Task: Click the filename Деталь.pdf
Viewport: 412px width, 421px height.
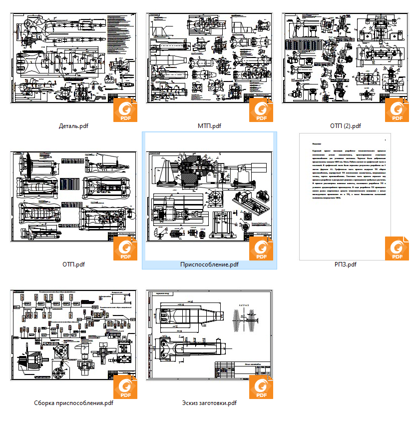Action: click(73, 125)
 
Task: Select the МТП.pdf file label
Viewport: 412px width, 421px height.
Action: click(209, 125)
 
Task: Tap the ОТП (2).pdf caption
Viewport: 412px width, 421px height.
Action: click(345, 126)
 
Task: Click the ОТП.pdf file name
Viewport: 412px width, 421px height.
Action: click(73, 264)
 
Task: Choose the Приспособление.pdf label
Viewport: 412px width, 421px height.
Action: click(209, 264)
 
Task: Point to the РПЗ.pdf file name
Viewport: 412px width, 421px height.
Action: click(345, 264)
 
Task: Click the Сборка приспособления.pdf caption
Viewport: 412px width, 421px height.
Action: click(73, 402)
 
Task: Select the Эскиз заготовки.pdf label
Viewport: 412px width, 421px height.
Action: click(209, 402)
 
